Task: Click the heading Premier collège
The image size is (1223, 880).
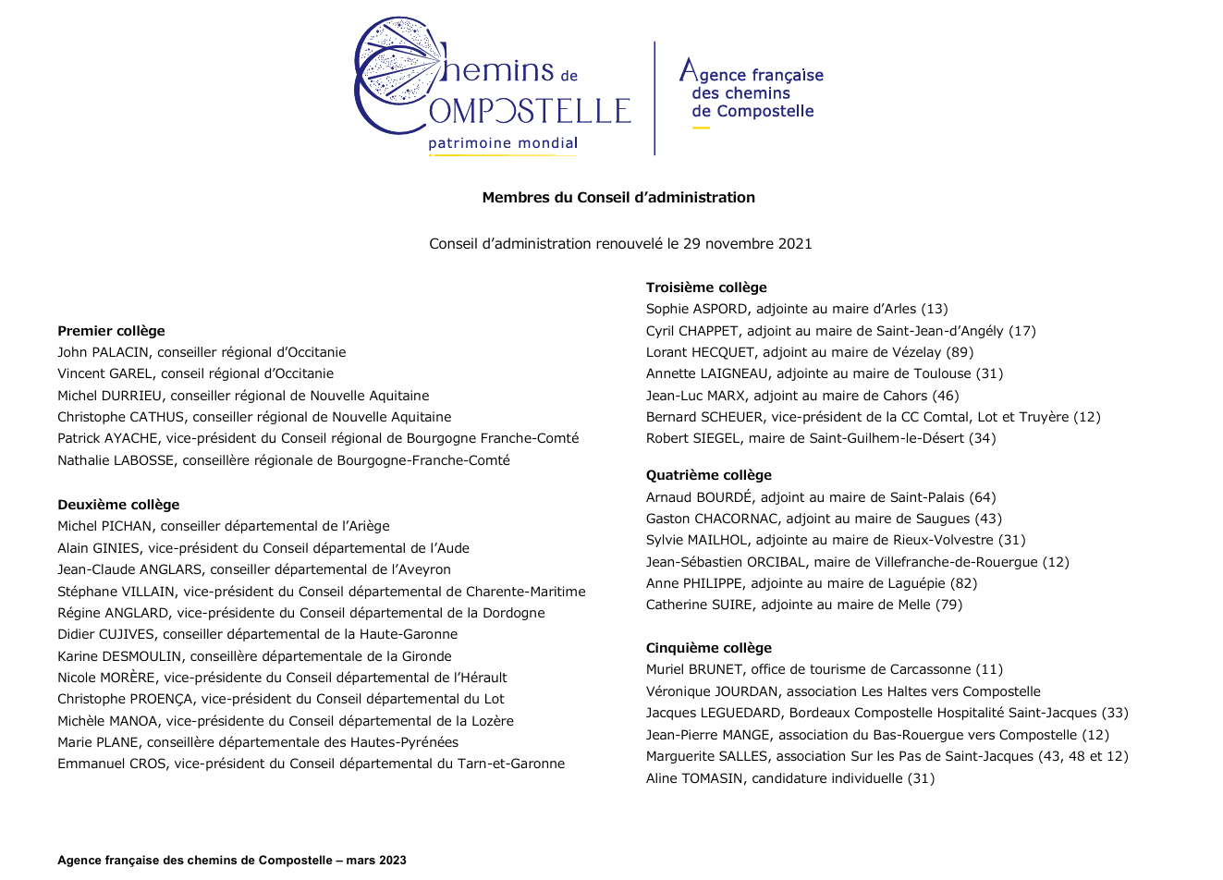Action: click(111, 331)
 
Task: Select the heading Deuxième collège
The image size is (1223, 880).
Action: click(118, 505)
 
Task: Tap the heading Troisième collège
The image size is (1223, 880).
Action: click(706, 287)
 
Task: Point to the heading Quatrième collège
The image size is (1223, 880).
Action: click(708, 475)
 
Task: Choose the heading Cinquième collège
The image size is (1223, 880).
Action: click(708, 648)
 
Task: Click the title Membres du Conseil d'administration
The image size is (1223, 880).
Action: click(618, 197)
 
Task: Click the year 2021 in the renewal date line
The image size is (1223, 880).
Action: click(795, 244)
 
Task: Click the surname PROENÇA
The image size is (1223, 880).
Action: click(162, 699)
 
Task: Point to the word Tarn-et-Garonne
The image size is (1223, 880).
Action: click(510, 764)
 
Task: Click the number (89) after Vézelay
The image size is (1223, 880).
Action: click(960, 352)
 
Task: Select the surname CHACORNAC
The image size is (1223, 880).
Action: click(731, 519)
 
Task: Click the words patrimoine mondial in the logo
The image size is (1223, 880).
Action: click(503, 143)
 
